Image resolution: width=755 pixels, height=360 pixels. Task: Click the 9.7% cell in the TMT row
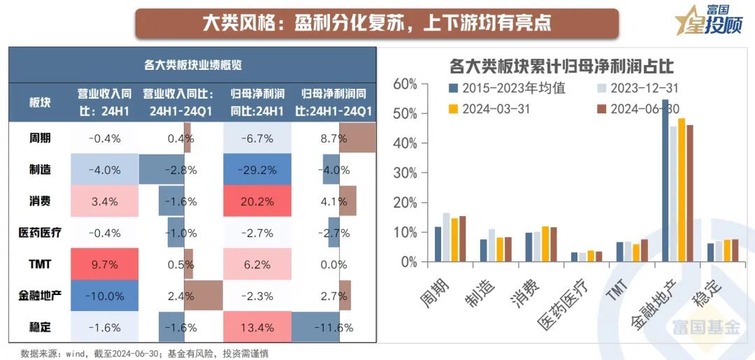(x=104, y=265)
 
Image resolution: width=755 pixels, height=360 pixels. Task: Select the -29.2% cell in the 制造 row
(x=257, y=170)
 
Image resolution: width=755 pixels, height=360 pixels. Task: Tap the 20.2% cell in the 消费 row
(x=257, y=201)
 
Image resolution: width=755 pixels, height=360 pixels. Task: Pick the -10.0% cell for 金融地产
(x=104, y=296)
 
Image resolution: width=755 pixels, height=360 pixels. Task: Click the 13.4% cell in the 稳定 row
(x=257, y=327)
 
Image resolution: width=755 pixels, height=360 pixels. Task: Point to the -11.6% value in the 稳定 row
(x=334, y=327)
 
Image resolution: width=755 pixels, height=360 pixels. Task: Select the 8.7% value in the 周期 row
(x=334, y=138)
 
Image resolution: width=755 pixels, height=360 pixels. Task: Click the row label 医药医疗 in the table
(x=40, y=233)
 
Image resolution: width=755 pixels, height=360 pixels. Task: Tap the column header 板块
(x=40, y=102)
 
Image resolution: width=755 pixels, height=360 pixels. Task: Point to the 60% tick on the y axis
(x=405, y=84)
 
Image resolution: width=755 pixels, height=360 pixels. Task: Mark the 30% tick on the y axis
(x=405, y=203)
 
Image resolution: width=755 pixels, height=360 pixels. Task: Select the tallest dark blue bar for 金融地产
(x=666, y=182)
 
